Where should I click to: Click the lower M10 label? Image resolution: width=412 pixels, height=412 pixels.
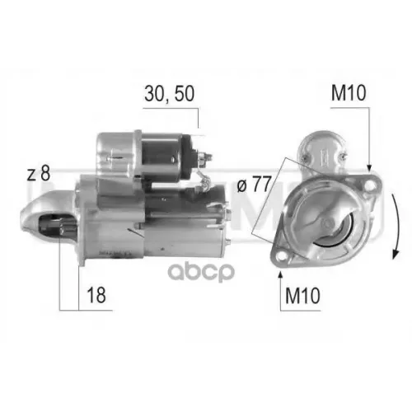pyautogui.click(x=302, y=294)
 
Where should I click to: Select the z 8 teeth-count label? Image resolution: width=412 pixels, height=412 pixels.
pyautogui.click(x=38, y=173)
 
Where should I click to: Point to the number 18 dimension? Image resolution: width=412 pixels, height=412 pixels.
pyautogui.click(x=98, y=293)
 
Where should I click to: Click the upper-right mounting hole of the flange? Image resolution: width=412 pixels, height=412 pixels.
pyautogui.click(x=368, y=183)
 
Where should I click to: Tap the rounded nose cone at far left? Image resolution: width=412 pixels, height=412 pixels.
pyautogui.click(x=41, y=216)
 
